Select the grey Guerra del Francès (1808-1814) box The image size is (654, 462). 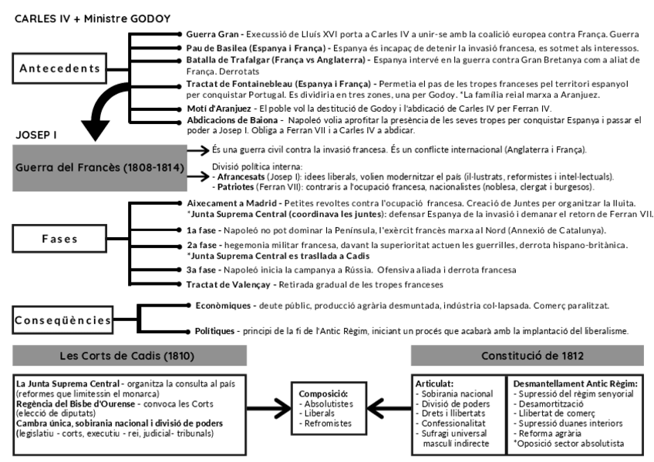[x=87, y=166]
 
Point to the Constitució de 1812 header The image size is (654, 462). [x=526, y=356]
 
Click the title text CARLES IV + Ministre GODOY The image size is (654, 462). [x=93, y=18]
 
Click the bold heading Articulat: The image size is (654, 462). [x=435, y=383]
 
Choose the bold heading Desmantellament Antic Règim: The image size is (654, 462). [x=575, y=383]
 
